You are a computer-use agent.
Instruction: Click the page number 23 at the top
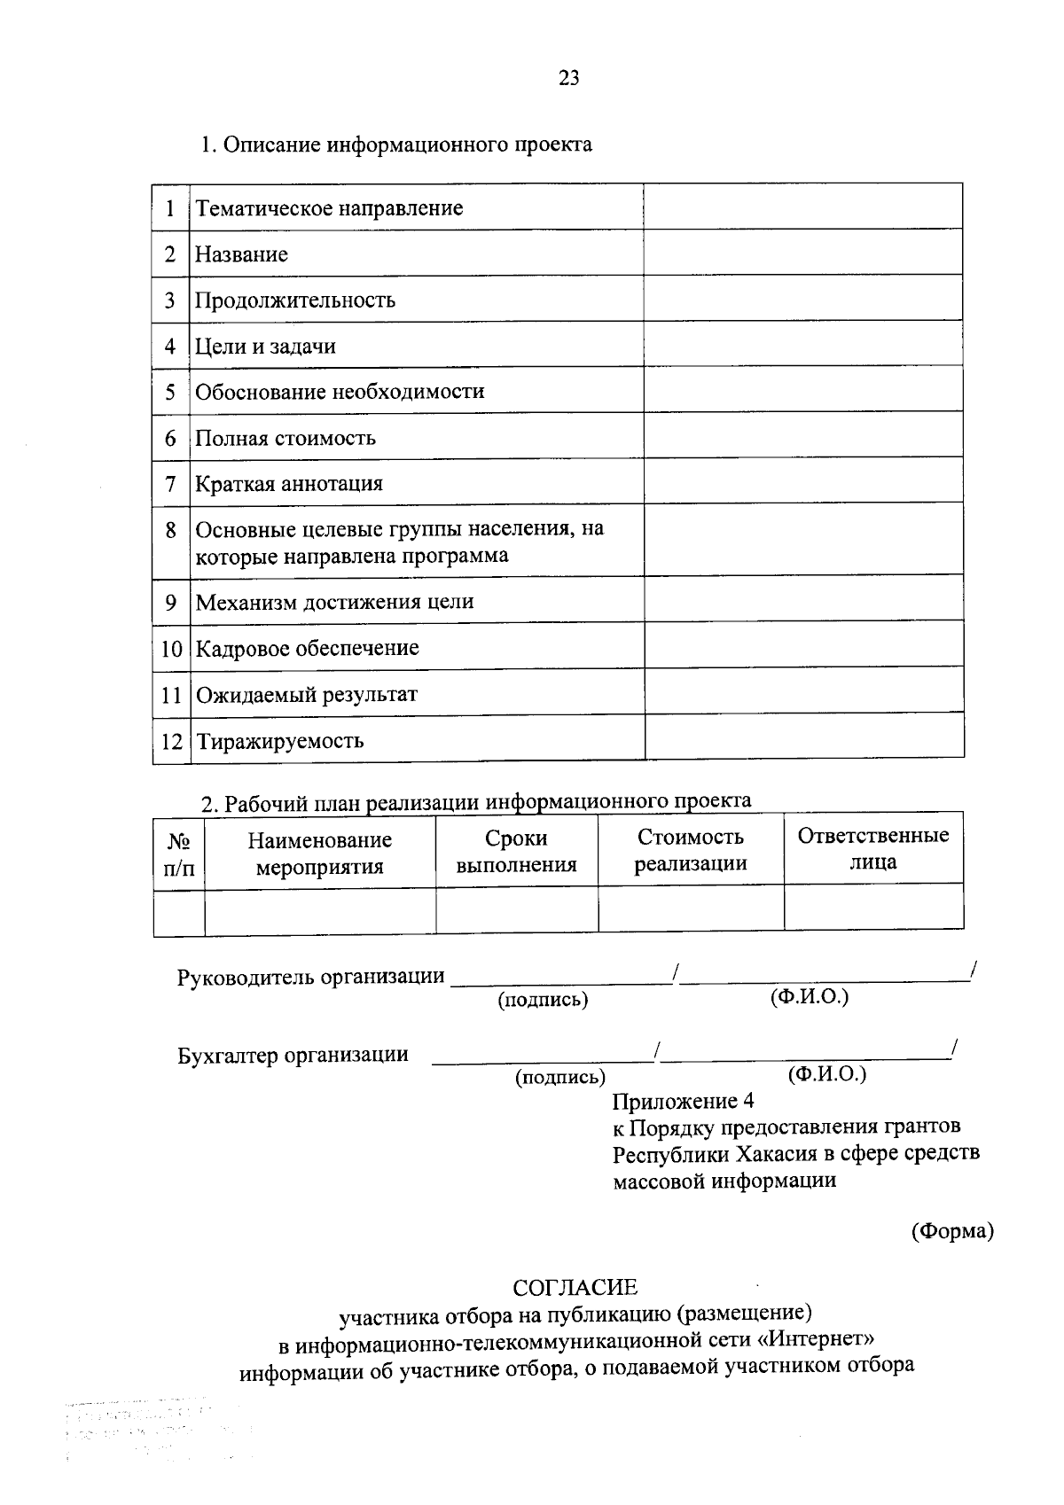[569, 78]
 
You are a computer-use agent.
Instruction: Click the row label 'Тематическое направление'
[329, 208]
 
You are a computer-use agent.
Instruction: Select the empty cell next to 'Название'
[802, 253]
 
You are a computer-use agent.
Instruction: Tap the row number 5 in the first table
[170, 392]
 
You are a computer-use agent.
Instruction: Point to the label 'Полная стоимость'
[286, 438]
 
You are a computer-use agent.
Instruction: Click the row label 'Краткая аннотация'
[289, 484]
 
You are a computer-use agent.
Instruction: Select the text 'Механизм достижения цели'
[334, 602]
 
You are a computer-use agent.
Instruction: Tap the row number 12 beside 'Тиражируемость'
[171, 741]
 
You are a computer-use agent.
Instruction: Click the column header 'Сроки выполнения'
[516, 852]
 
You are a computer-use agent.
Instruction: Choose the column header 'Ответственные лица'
[872, 848]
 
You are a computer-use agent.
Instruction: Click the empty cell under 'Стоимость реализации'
[690, 909]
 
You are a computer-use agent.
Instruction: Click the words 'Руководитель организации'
[310, 977]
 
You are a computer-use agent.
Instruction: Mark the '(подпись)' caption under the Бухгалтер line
[560, 1077]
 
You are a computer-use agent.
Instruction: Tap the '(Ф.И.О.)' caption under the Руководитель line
[809, 996]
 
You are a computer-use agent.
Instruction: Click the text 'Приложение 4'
[683, 1102]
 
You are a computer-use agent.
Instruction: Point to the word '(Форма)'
[952, 1231]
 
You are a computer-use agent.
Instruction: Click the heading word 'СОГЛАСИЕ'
[575, 1287]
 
